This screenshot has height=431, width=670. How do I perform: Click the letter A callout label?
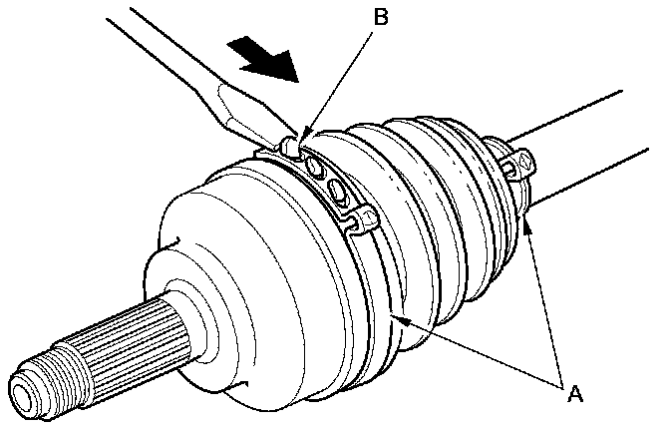572,392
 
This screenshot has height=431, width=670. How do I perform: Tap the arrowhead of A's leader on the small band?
529,224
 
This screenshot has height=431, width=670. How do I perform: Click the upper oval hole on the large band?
316,164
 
